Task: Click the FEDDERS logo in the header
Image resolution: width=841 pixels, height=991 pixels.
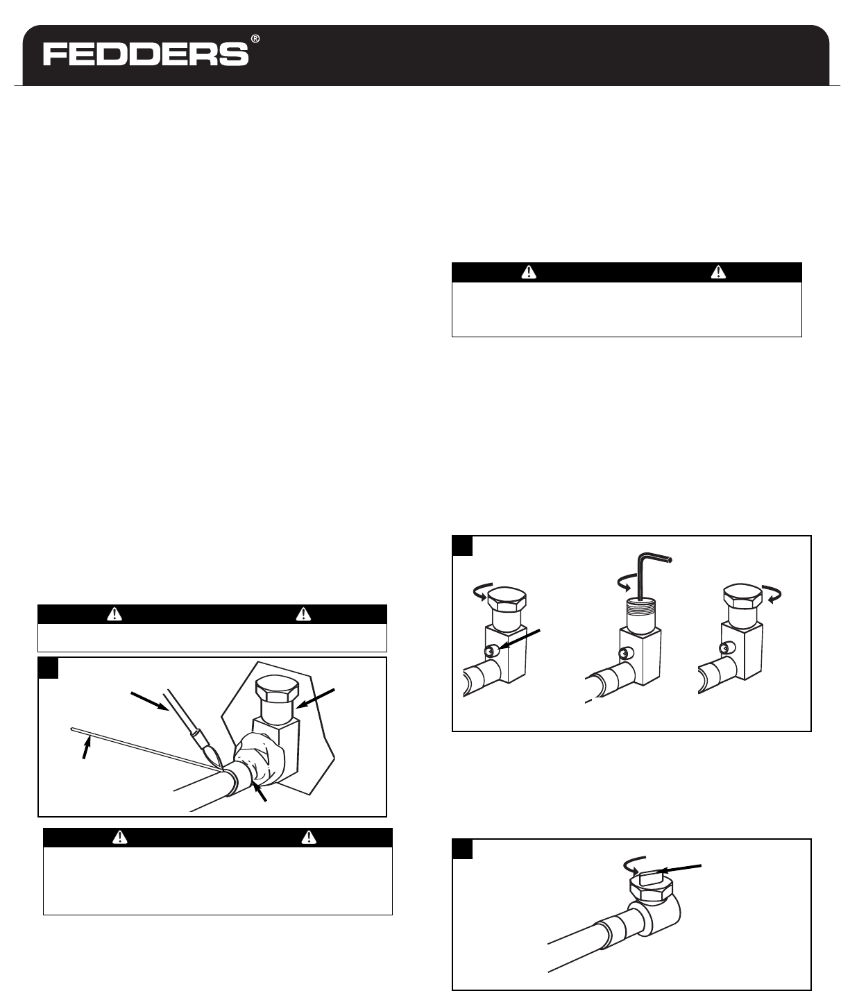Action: click(x=146, y=54)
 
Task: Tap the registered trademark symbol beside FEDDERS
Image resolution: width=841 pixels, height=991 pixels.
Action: click(x=255, y=39)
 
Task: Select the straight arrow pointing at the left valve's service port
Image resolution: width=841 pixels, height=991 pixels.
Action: click(x=520, y=641)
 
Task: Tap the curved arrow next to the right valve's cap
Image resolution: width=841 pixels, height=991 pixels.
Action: click(x=773, y=594)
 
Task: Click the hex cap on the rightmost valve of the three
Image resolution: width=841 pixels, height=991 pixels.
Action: click(x=742, y=595)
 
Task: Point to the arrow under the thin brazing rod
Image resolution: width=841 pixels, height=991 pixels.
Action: click(x=86, y=748)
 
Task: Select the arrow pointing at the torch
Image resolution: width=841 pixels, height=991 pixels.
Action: click(x=150, y=702)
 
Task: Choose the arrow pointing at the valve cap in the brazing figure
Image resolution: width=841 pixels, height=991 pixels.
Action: click(x=316, y=699)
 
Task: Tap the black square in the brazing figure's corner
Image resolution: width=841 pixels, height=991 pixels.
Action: click(x=48, y=668)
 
